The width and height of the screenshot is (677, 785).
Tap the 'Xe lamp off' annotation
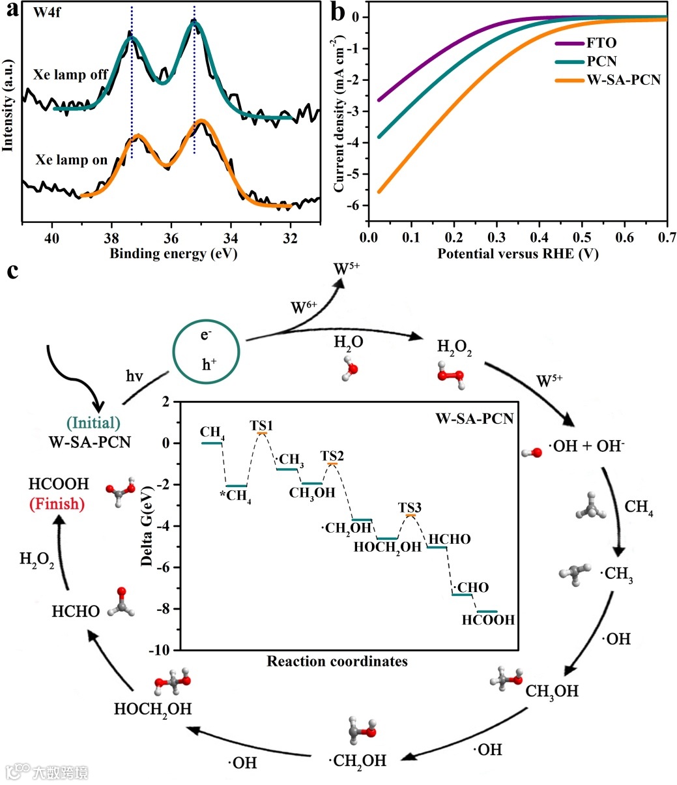71,76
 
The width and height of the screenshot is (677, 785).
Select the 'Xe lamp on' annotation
72,160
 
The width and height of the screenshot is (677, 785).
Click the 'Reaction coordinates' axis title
337,661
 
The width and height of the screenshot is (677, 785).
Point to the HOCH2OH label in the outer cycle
152,709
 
